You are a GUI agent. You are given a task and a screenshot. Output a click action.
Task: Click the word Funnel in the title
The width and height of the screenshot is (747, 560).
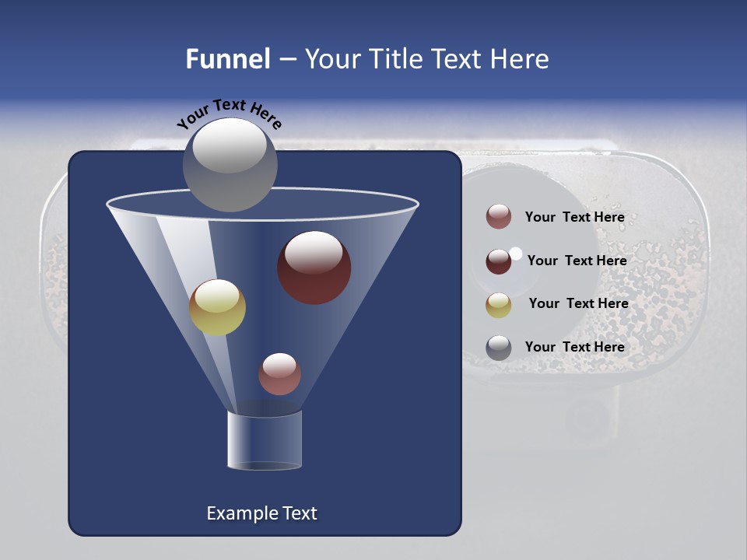point(228,59)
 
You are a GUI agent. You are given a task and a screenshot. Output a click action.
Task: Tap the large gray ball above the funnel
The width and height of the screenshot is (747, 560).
point(230,165)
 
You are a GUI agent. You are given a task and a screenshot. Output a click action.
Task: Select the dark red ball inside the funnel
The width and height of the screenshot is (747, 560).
point(314,268)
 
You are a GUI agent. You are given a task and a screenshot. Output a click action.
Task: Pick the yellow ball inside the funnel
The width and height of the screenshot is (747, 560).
point(217,308)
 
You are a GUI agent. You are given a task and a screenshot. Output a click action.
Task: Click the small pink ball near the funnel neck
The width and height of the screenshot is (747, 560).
point(279,374)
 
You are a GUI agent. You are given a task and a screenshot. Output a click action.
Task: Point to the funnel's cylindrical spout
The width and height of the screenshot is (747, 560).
point(264,440)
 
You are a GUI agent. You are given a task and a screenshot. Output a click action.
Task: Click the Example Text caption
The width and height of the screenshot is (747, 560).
point(261,513)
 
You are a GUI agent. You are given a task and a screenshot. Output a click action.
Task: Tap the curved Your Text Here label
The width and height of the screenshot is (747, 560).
point(229,114)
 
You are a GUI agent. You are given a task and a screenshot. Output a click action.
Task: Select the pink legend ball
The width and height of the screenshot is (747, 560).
point(499,217)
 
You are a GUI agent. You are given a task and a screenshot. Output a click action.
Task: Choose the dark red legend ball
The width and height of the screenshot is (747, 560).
point(499,261)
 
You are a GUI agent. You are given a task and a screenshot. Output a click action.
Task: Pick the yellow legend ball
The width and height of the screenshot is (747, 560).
point(499,305)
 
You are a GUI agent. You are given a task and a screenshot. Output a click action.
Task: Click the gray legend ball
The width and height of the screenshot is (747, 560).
point(499,348)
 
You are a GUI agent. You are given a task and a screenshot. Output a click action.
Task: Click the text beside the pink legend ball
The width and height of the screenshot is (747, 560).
point(574,218)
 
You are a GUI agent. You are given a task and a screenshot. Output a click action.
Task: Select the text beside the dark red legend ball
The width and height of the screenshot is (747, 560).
point(577,261)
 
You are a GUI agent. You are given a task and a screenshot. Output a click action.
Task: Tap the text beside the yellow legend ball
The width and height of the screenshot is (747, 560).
point(578,303)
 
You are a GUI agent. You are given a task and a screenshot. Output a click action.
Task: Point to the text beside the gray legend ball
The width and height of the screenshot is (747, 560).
point(574,347)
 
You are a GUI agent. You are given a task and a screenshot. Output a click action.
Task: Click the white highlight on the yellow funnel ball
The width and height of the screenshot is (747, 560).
point(217,296)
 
